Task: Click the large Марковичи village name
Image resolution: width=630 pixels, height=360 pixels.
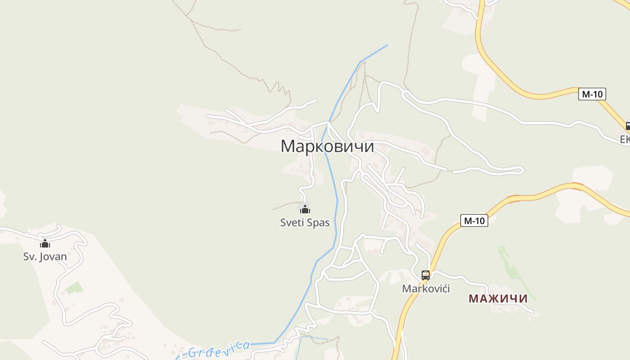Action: click(x=327, y=146)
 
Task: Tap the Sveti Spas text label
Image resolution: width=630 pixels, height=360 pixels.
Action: click(x=305, y=222)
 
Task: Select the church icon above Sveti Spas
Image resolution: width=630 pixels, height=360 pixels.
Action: click(x=305, y=209)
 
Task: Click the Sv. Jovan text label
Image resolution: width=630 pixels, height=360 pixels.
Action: click(x=45, y=256)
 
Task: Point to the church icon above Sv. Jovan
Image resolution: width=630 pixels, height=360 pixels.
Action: click(x=45, y=244)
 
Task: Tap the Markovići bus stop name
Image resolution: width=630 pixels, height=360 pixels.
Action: click(x=426, y=288)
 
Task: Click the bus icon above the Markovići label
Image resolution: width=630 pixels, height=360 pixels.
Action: click(x=426, y=275)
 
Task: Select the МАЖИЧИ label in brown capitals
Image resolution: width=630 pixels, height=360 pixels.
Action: click(x=498, y=298)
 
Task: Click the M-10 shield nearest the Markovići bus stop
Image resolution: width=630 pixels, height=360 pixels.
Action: click(x=474, y=220)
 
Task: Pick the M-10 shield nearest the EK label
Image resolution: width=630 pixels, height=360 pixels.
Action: click(x=592, y=94)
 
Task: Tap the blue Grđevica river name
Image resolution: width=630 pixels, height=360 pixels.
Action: click(x=218, y=349)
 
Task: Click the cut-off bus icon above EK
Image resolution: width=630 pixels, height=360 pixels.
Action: click(x=628, y=126)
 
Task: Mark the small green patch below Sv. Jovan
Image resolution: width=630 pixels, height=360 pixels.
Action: click(x=74, y=288)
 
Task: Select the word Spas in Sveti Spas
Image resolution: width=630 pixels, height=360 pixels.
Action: click(x=318, y=222)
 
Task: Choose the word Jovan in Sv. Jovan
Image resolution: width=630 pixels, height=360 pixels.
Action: click(x=54, y=256)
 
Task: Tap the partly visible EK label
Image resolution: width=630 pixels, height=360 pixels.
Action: click(x=625, y=139)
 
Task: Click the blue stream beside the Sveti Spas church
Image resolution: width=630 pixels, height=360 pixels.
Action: click(x=336, y=209)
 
